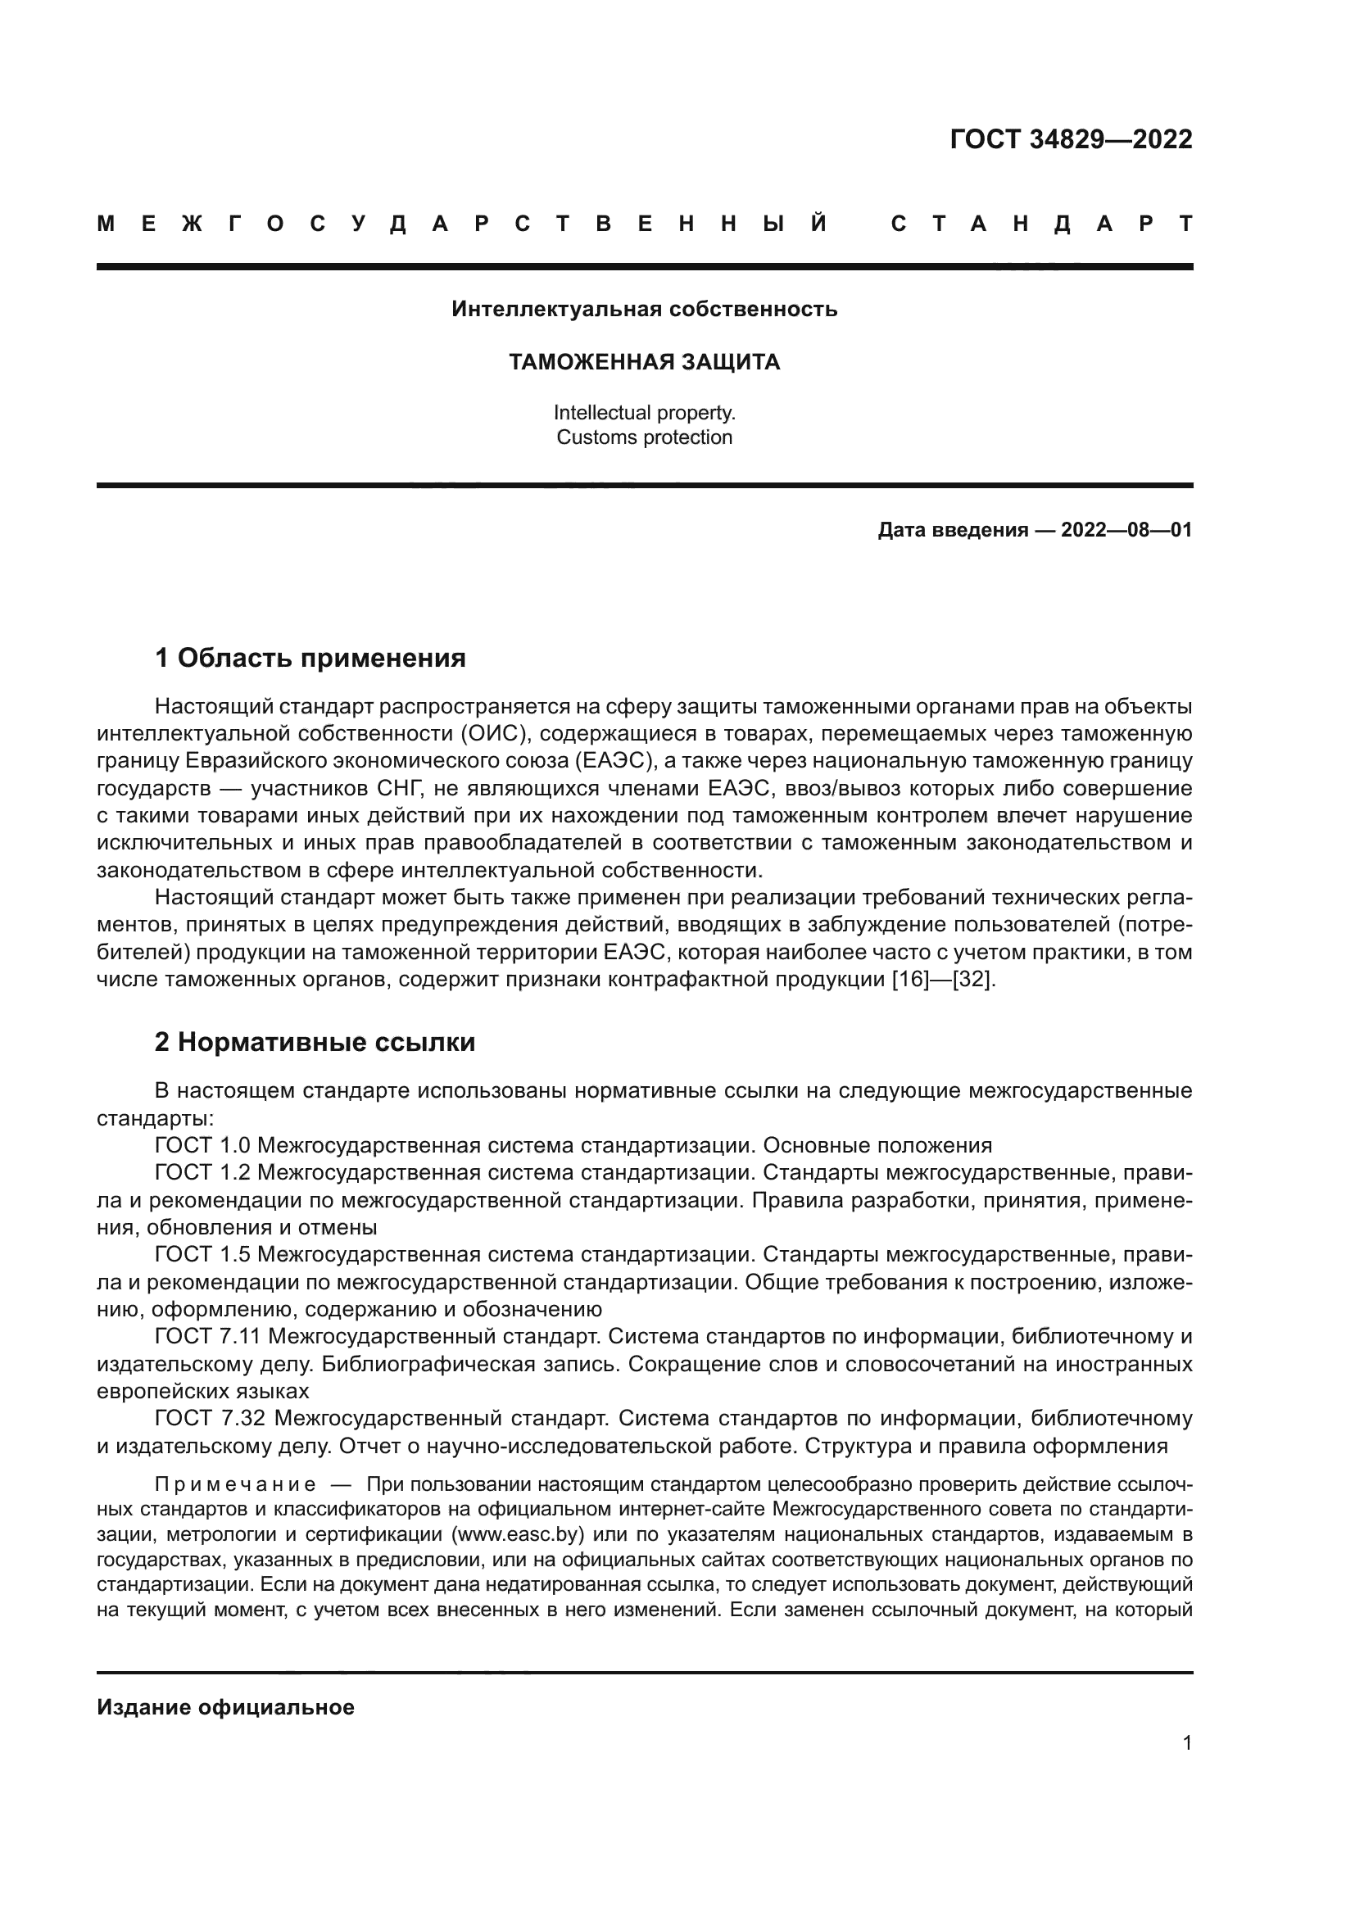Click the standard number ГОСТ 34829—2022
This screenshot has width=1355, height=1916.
pos(1071,139)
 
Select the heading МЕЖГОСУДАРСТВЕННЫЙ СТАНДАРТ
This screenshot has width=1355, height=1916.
pos(644,224)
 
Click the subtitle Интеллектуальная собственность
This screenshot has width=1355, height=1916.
pos(644,310)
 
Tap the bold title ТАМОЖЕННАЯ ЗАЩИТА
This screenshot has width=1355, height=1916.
pos(644,362)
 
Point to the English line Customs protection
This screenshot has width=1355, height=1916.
pos(644,437)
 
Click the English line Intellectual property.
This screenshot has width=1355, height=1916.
pos(644,412)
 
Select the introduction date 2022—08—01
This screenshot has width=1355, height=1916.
pos(1126,530)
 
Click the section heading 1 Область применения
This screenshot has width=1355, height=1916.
pos(310,659)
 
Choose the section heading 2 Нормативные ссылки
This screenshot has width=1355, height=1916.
pos(315,1042)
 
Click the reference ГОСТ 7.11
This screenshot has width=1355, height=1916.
pos(208,1336)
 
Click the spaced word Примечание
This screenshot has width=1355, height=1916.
pos(235,1484)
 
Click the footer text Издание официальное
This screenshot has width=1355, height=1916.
pos(225,1707)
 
